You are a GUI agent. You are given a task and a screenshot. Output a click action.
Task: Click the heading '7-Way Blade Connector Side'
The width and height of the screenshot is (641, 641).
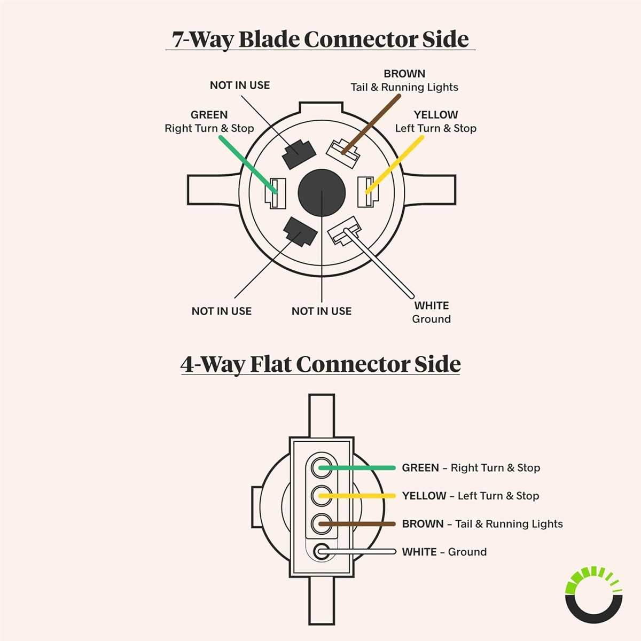[320, 40]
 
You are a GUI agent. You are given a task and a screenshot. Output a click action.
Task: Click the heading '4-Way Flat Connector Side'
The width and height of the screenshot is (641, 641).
[320, 364]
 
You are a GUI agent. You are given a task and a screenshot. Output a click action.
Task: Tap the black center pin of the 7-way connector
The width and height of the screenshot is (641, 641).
[322, 192]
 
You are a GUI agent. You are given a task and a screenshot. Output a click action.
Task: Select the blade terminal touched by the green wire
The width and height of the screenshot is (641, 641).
[276, 192]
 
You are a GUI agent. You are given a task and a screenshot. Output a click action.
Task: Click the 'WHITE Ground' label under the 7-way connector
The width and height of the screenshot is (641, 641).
[432, 312]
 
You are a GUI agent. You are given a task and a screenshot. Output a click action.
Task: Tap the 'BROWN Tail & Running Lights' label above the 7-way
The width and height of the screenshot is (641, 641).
[404, 81]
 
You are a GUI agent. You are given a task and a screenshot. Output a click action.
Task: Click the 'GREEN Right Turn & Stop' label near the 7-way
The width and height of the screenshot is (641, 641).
[209, 122]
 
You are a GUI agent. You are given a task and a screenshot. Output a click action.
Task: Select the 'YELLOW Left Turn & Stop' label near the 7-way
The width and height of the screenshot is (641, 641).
[435, 122]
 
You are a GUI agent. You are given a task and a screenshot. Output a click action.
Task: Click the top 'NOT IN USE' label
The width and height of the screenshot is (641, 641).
[240, 85]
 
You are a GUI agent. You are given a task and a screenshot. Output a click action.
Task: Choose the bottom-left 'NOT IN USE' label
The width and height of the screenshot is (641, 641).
[222, 311]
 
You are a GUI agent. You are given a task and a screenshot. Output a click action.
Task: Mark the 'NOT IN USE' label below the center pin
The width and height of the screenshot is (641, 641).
[322, 311]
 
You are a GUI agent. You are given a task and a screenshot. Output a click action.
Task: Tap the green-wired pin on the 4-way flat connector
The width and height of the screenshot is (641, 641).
[321, 467]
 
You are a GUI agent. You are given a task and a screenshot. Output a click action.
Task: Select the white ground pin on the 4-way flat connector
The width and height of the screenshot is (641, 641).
[322, 551]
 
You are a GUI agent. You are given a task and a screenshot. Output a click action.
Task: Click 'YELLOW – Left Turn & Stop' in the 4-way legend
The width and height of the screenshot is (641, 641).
[471, 496]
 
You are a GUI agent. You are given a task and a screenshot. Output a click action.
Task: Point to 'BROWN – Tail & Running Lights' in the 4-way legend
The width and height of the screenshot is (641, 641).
[482, 524]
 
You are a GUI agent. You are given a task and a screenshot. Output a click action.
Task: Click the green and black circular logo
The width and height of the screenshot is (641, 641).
[593, 595]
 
